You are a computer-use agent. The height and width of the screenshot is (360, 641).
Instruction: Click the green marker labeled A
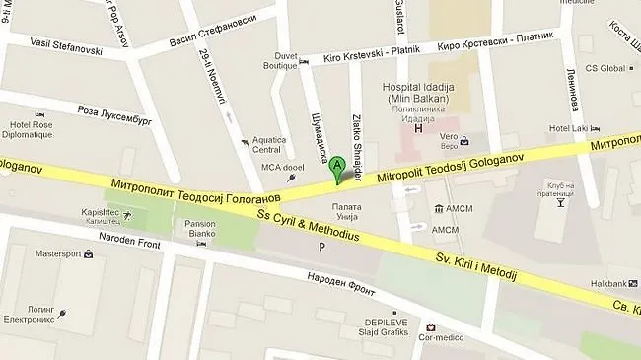point(338,166)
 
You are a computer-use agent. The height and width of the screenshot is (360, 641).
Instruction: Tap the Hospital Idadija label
point(419,85)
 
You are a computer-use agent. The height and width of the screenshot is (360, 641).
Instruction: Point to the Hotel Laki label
point(568,129)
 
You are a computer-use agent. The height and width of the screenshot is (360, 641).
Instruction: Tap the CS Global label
point(606,68)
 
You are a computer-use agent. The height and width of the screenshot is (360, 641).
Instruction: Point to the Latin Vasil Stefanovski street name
point(66,42)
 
